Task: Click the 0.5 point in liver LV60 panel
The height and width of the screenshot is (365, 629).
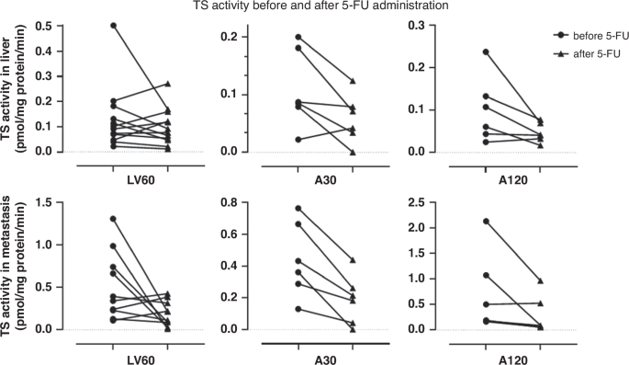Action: tap(112, 26)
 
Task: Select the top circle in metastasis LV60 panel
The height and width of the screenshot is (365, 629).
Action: tap(112, 219)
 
